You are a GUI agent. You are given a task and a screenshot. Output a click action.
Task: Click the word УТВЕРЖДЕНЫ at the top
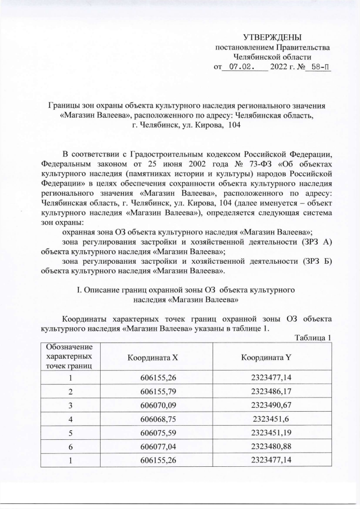click(273, 37)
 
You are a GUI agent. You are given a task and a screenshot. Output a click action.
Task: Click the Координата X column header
click(152, 357)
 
